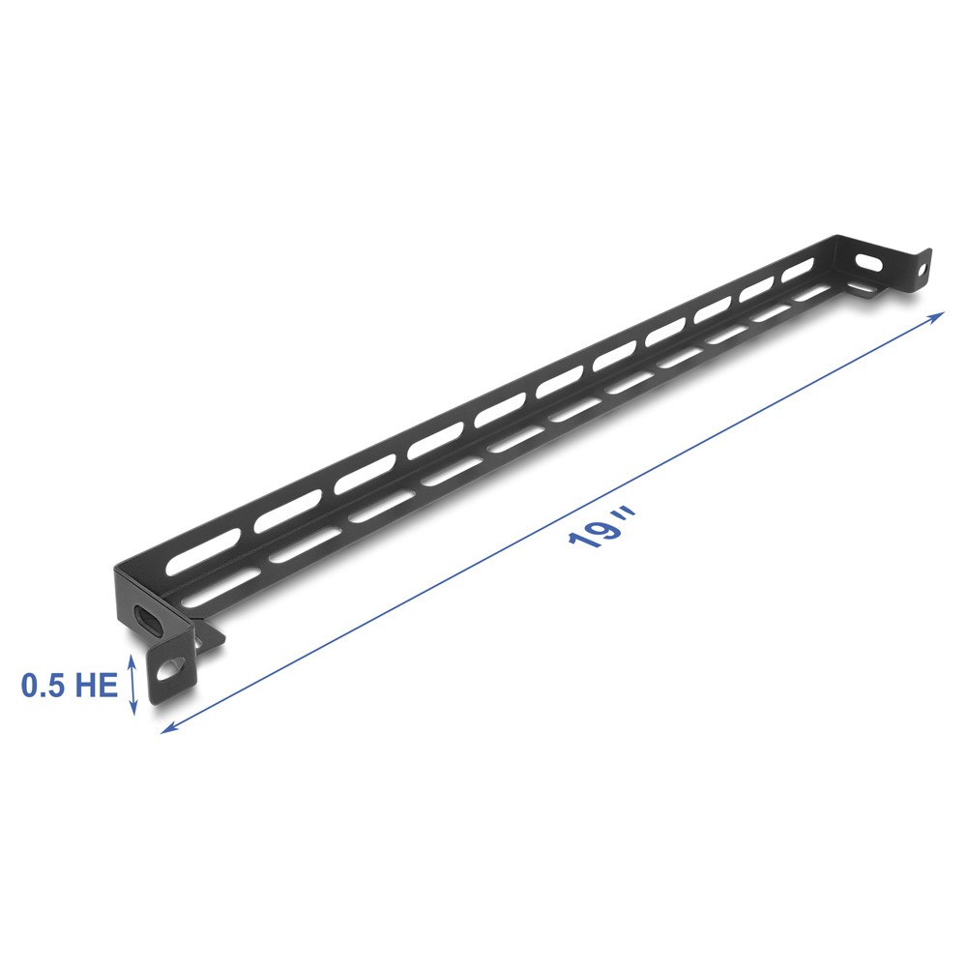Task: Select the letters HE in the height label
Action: [x=97, y=687]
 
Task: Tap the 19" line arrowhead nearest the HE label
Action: [x=166, y=727]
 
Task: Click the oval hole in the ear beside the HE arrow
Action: [x=172, y=670]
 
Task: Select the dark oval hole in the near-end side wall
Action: [x=149, y=620]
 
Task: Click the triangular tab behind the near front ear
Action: [x=208, y=636]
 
